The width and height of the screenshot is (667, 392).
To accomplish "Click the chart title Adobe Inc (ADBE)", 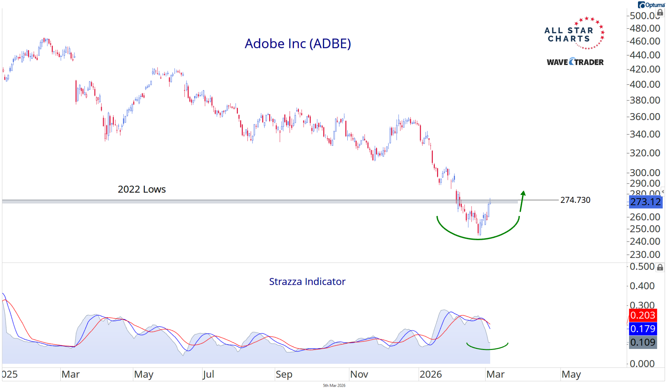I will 298,44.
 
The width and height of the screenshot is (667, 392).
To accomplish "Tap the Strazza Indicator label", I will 307,282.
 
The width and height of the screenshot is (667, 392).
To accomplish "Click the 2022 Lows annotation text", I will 141,189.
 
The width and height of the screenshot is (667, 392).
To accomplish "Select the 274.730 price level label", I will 575,200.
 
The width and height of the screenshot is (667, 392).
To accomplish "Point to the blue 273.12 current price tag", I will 645,202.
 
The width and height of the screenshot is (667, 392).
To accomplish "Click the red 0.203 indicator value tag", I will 643,315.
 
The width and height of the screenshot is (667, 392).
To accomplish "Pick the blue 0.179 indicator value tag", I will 643,329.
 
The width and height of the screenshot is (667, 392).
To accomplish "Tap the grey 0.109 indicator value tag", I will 643,342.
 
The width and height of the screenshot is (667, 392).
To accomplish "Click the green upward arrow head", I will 523,193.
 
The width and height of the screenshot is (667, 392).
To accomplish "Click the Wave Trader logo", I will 575,62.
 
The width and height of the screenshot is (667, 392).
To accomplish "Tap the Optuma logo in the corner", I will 651,5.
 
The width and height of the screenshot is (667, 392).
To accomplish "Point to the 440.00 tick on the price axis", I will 645,55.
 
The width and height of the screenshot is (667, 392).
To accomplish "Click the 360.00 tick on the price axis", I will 645,117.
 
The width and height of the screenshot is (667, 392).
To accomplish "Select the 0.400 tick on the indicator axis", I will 642,286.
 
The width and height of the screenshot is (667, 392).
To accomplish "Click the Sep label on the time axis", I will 284,374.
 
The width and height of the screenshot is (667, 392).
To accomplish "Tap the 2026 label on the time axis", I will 430,374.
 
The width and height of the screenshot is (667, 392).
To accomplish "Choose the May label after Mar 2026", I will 571,374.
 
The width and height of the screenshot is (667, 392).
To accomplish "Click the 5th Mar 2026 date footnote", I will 334,386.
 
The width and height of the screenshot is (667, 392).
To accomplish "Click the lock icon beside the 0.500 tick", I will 660,267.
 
